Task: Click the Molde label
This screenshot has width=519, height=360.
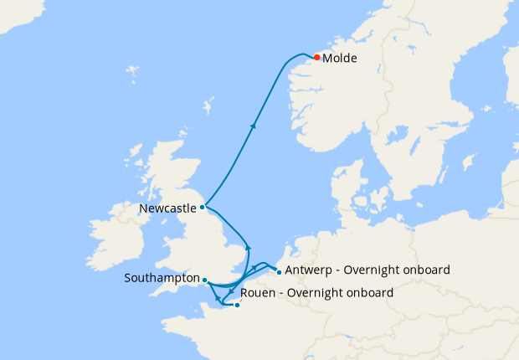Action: click(341, 59)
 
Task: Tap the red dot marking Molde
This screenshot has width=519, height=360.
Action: click(317, 57)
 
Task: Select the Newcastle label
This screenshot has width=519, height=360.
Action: click(168, 207)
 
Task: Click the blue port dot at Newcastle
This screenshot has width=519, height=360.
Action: click(203, 206)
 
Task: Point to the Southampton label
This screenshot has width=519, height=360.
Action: click(161, 278)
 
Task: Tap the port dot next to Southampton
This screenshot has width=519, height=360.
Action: click(205, 280)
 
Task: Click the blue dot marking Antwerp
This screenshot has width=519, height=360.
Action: click(278, 272)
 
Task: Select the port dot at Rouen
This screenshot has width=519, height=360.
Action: click(237, 305)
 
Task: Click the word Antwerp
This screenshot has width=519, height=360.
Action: click(310, 270)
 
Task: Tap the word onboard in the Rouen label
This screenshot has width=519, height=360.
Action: click(366, 293)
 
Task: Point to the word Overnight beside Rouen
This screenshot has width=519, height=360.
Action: click(315, 293)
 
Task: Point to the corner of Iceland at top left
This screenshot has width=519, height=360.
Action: click(17, 13)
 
